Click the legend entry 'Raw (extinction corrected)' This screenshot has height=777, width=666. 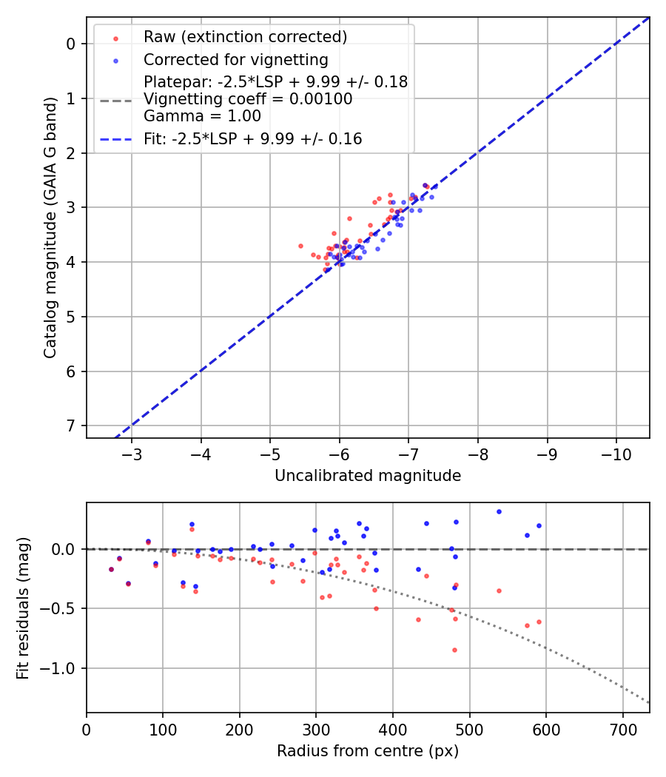245,37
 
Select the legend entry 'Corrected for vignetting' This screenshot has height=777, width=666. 235,60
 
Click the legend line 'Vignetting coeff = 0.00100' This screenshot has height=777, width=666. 248,99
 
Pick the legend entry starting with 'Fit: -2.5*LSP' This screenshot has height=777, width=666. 252,139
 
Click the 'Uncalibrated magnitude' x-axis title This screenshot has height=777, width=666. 368,476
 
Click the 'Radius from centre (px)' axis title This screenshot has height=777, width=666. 368,751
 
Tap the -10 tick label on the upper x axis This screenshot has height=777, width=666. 616,453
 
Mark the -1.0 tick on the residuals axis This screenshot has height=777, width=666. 61,668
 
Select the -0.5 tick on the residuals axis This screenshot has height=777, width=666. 61,608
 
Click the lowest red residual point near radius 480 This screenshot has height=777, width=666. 454,650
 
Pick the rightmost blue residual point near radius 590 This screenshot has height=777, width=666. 539,525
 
